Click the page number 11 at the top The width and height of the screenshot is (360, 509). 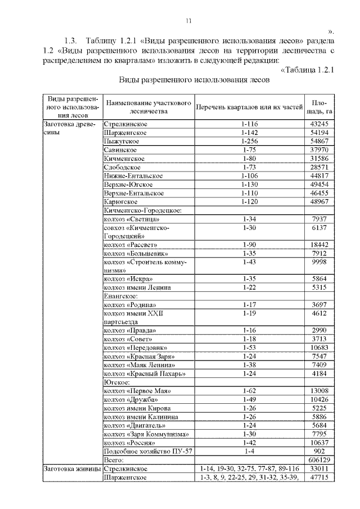pos(189,21)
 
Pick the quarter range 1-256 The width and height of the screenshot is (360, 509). pos(249,141)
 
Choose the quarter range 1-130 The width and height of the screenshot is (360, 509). pos(249,184)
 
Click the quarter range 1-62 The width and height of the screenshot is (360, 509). pos(249,391)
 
